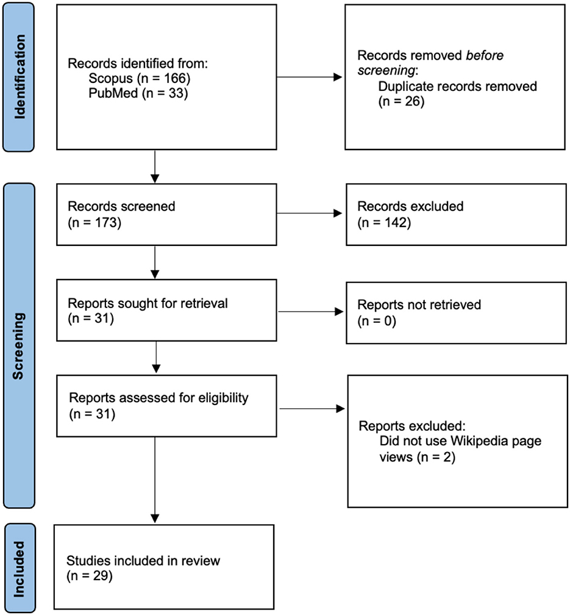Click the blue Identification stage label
coord(18,77)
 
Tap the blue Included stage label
coord(20,569)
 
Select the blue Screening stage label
coord(19,345)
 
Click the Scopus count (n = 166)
coord(164,79)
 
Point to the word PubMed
coord(113,93)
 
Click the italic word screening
coord(386,71)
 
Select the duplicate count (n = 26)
coord(401,101)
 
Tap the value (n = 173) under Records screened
coord(94,223)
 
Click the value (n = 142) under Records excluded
coord(384,223)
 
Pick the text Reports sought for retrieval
coord(148,303)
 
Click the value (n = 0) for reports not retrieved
coord(377,321)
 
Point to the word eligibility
coord(224,398)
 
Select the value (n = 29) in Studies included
coord(90,576)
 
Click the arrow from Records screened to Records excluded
coord(309,214)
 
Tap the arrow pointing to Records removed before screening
coord(309,77)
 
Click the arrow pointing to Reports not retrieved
coord(310,312)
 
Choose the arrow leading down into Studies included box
coord(155,480)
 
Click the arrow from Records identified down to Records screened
coord(155,167)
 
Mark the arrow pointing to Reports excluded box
coord(312,409)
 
